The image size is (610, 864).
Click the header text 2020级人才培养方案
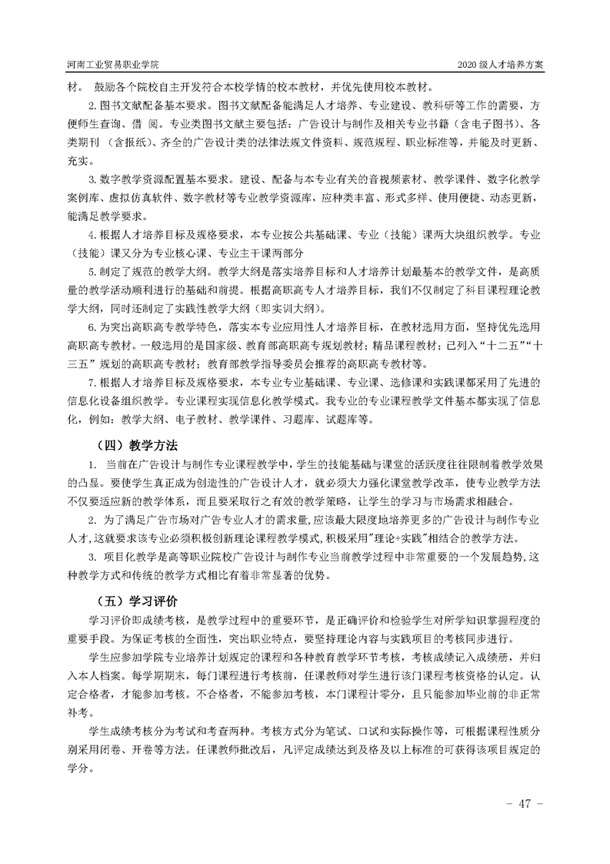point(500,65)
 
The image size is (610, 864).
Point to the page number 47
point(525,803)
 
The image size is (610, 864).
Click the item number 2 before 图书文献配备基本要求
point(92,105)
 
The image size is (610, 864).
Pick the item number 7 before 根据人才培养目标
point(92,383)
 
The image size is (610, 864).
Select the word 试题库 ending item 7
point(355,420)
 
